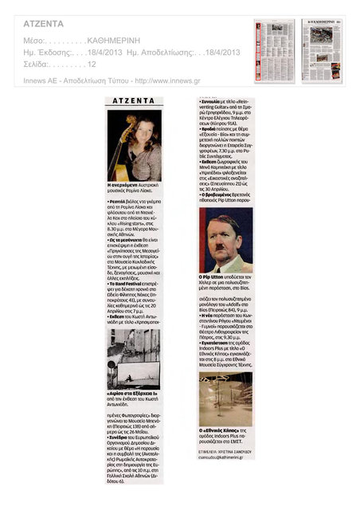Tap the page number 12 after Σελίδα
click(x=92, y=64)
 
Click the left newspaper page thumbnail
click(x=274, y=51)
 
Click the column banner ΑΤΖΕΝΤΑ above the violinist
click(x=134, y=102)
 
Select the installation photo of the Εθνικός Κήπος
click(x=225, y=398)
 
